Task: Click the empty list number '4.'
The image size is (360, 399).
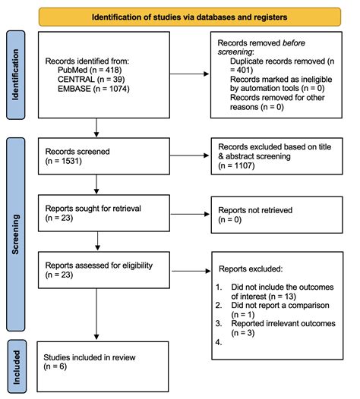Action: click(219, 342)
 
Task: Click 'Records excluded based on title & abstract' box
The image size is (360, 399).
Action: click(276, 155)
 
